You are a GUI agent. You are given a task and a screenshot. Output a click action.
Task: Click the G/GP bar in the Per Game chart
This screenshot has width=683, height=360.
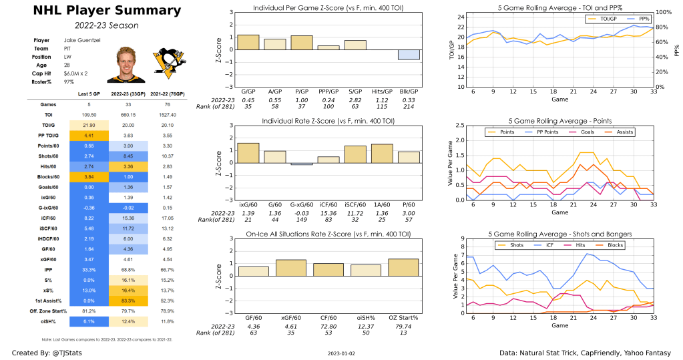[248, 42]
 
